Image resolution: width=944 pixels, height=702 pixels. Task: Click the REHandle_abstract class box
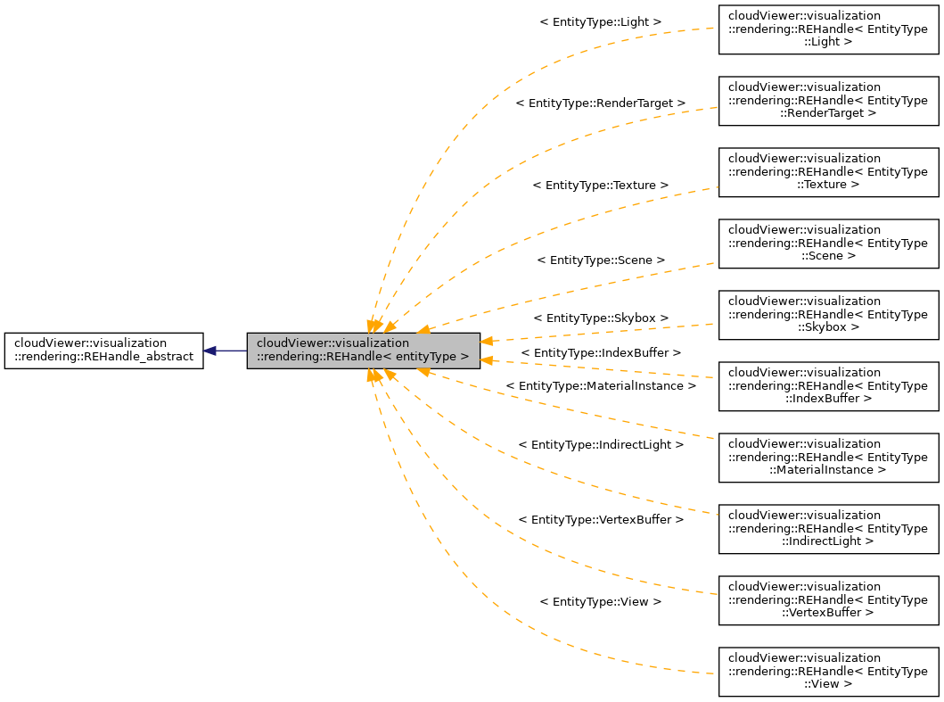(103, 351)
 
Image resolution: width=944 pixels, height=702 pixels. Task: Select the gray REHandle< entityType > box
(363, 351)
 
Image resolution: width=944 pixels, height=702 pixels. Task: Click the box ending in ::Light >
(828, 29)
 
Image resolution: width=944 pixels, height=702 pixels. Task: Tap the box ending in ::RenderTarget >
(828, 101)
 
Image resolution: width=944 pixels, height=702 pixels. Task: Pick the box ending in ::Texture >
(828, 172)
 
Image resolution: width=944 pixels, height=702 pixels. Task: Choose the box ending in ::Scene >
(828, 244)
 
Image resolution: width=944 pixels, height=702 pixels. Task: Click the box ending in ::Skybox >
(828, 315)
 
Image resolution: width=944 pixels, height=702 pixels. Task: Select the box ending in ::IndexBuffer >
(828, 386)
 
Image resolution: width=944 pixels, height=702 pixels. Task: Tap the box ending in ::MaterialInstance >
(828, 458)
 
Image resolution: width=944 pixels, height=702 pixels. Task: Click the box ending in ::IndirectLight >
(828, 529)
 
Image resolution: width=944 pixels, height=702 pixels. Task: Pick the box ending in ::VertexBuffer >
(828, 600)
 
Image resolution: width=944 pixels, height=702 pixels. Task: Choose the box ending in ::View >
(828, 672)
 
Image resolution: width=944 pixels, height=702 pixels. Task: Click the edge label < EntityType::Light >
(600, 21)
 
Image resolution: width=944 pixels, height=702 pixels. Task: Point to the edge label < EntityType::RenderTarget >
(600, 103)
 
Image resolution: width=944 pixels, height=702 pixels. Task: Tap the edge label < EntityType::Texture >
(600, 185)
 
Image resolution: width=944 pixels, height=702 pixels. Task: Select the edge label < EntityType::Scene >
(600, 260)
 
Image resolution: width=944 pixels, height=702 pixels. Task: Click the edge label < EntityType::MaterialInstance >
(600, 386)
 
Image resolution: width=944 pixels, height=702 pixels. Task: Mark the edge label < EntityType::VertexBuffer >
(600, 519)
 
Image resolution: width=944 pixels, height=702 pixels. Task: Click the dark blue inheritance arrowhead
(209, 351)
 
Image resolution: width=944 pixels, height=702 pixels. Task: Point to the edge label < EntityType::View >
(600, 602)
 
